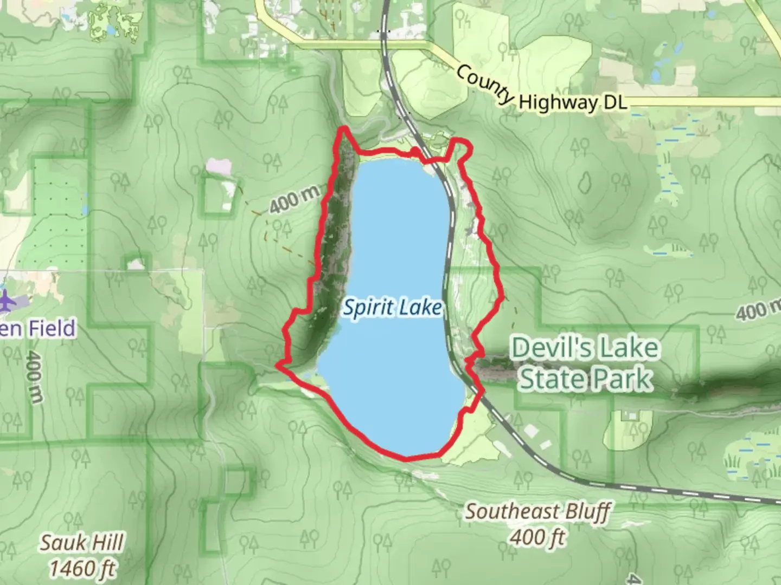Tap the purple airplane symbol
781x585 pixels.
(x=7, y=301)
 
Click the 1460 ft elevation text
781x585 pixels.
(x=82, y=568)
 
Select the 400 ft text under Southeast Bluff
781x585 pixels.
(x=537, y=537)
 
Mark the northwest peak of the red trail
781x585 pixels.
(x=343, y=128)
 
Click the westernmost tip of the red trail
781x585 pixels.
(x=278, y=366)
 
